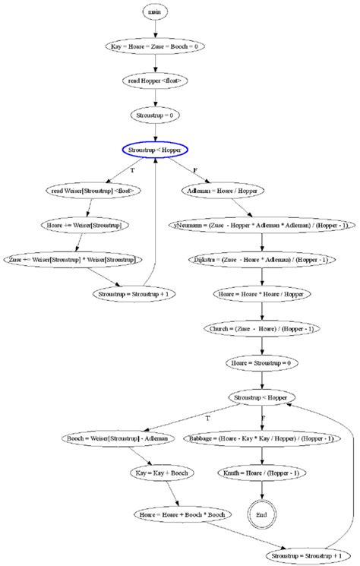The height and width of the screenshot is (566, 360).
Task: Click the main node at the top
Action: tap(155, 13)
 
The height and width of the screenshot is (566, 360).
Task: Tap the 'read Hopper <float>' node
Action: tap(155, 80)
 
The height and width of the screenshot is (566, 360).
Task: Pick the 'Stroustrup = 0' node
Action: tap(155, 115)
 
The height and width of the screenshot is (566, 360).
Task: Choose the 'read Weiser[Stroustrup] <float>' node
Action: tap(94, 191)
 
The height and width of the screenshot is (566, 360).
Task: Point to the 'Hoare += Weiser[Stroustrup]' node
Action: tap(84, 226)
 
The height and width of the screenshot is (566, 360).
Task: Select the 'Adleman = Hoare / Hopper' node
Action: tap(222, 191)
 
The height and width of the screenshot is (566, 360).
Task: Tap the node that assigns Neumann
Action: tap(261, 226)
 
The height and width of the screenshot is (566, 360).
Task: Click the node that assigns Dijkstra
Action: tap(261, 261)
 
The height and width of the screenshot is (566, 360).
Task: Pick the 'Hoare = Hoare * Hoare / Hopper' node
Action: tap(261, 295)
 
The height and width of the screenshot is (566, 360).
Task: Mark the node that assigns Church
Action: tap(261, 329)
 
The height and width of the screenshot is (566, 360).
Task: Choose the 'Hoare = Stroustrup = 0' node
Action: tap(261, 364)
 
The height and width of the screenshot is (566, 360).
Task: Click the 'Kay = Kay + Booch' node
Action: tap(161, 473)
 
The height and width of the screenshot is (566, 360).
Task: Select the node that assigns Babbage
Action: tap(261, 438)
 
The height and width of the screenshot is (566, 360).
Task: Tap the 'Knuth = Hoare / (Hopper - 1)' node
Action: tap(261, 473)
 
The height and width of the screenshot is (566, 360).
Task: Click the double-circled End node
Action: tap(261, 514)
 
